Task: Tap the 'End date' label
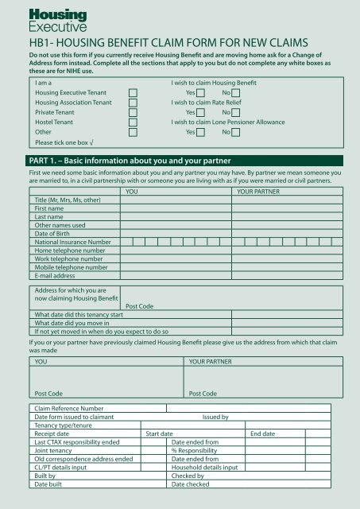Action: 262,434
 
